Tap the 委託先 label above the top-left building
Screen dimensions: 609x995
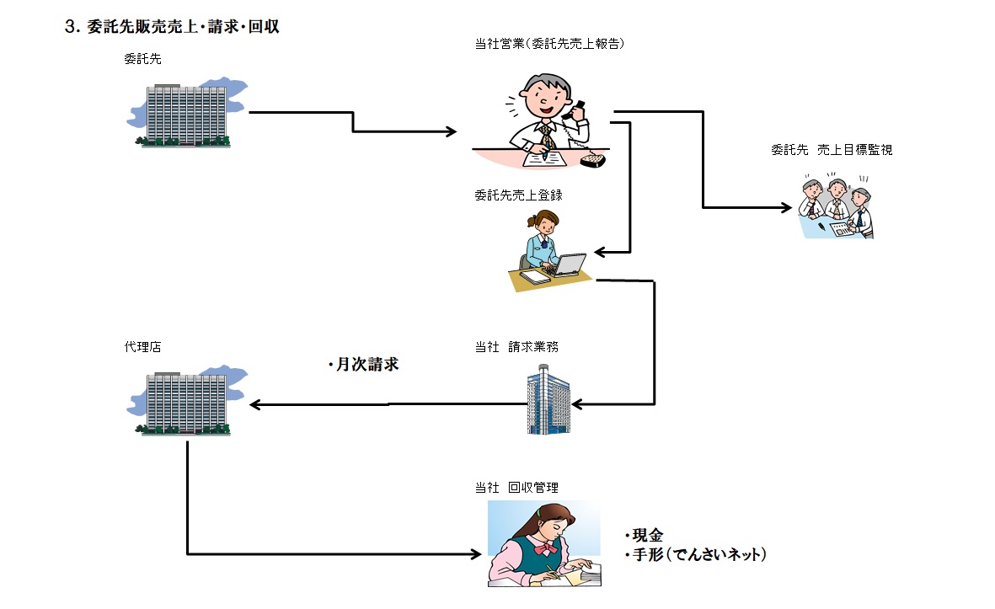click(140, 59)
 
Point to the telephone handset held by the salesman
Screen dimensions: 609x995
click(579, 109)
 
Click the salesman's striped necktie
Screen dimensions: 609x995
click(547, 134)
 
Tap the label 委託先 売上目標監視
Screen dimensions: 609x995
click(831, 150)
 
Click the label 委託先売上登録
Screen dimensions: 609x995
click(518, 195)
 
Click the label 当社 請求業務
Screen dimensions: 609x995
click(516, 346)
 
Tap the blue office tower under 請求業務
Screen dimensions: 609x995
click(548, 400)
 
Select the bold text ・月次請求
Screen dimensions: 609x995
click(364, 366)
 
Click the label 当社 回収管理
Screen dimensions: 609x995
click(516, 487)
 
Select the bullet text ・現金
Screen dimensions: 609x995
click(645, 536)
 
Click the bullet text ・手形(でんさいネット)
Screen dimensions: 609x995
click(695, 555)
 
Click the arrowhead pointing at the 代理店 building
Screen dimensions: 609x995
click(254, 405)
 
